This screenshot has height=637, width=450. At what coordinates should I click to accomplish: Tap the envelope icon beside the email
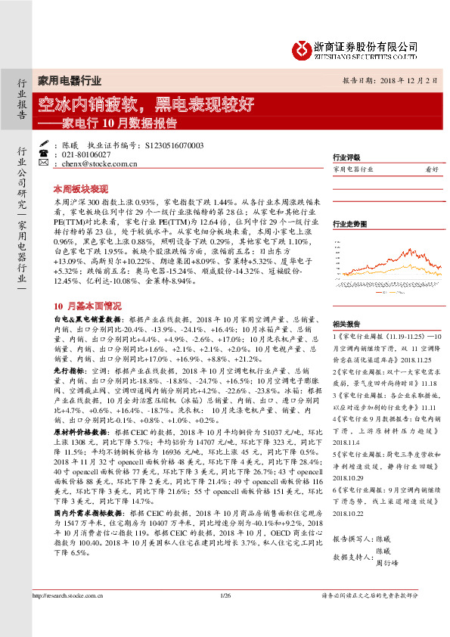pyautogui.click(x=42, y=163)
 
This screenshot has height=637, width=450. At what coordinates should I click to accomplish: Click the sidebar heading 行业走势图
pyautogui.click(x=349, y=224)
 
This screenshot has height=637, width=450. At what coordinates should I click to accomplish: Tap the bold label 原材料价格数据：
pyautogui.click(x=78, y=451)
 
